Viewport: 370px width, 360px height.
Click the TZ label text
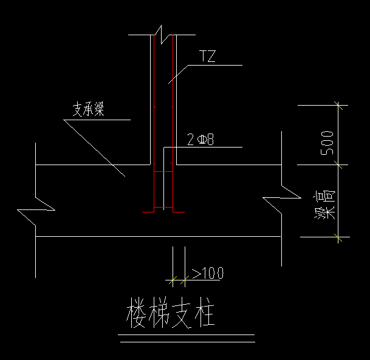point(208,58)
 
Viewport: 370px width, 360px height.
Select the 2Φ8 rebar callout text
point(200,140)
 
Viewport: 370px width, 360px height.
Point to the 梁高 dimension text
point(329,203)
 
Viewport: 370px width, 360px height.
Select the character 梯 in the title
point(159,314)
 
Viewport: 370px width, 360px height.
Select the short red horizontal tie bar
point(163,172)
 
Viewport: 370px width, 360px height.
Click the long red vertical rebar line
point(174,121)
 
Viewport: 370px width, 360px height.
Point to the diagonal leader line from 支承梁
point(94,149)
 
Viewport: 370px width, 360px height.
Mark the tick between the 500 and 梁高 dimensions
point(338,165)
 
